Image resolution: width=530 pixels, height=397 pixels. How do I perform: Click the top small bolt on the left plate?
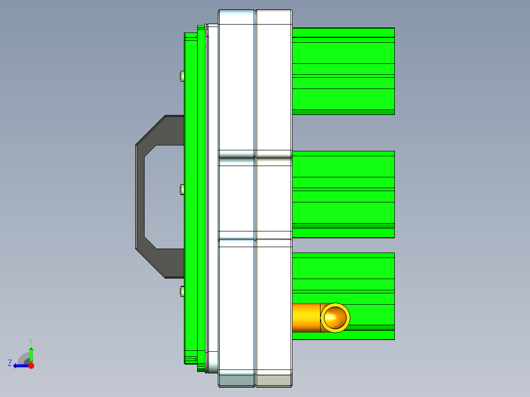click(182, 76)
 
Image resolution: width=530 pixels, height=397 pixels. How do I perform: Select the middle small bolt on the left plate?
click(182, 190)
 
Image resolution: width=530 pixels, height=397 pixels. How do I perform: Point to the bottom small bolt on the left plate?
click(182, 292)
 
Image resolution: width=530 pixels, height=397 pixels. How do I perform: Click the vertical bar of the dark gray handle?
click(140, 197)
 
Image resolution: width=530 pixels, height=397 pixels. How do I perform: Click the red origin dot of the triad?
click(31, 366)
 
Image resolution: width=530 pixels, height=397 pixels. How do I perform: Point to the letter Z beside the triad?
click(10, 363)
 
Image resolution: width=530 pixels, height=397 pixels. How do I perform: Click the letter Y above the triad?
click(31, 341)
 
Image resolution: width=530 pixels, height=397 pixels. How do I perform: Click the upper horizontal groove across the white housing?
click(255, 154)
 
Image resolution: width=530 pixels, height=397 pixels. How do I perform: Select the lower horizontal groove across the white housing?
click(255, 235)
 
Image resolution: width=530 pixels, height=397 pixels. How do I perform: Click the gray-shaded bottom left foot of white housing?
click(236, 380)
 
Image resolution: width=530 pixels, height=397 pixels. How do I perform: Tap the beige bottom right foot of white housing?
click(274, 380)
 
